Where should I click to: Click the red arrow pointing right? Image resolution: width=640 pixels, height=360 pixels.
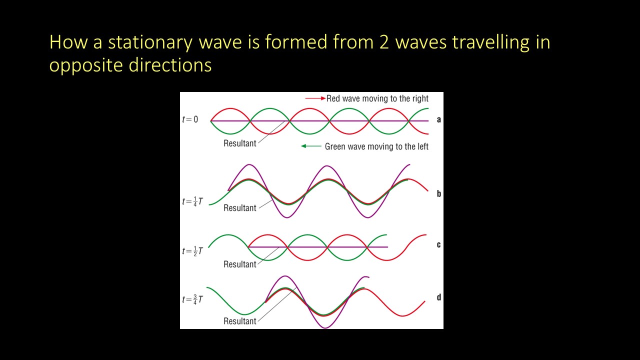coord(315,98)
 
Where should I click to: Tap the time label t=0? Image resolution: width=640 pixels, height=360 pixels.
coord(190,120)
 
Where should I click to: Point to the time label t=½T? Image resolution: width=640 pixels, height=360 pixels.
coord(192,250)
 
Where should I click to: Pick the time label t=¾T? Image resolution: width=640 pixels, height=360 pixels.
coord(192,299)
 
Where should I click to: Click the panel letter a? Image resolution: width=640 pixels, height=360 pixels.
coord(438,120)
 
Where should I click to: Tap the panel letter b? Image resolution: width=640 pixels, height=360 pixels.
coord(438,193)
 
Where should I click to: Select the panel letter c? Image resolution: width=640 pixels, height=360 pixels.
coord(438,245)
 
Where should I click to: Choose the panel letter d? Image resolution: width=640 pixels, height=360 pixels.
coord(438,297)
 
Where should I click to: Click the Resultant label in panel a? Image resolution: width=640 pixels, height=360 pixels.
coord(240,143)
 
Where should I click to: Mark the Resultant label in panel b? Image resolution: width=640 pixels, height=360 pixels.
coord(240,208)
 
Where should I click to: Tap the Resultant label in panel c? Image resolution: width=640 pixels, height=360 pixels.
coord(240,264)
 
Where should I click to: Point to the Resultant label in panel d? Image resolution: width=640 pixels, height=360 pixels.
coord(240,321)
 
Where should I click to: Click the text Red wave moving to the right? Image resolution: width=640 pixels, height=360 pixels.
coord(377,98)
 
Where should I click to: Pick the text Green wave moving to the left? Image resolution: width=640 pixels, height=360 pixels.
coord(376,146)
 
